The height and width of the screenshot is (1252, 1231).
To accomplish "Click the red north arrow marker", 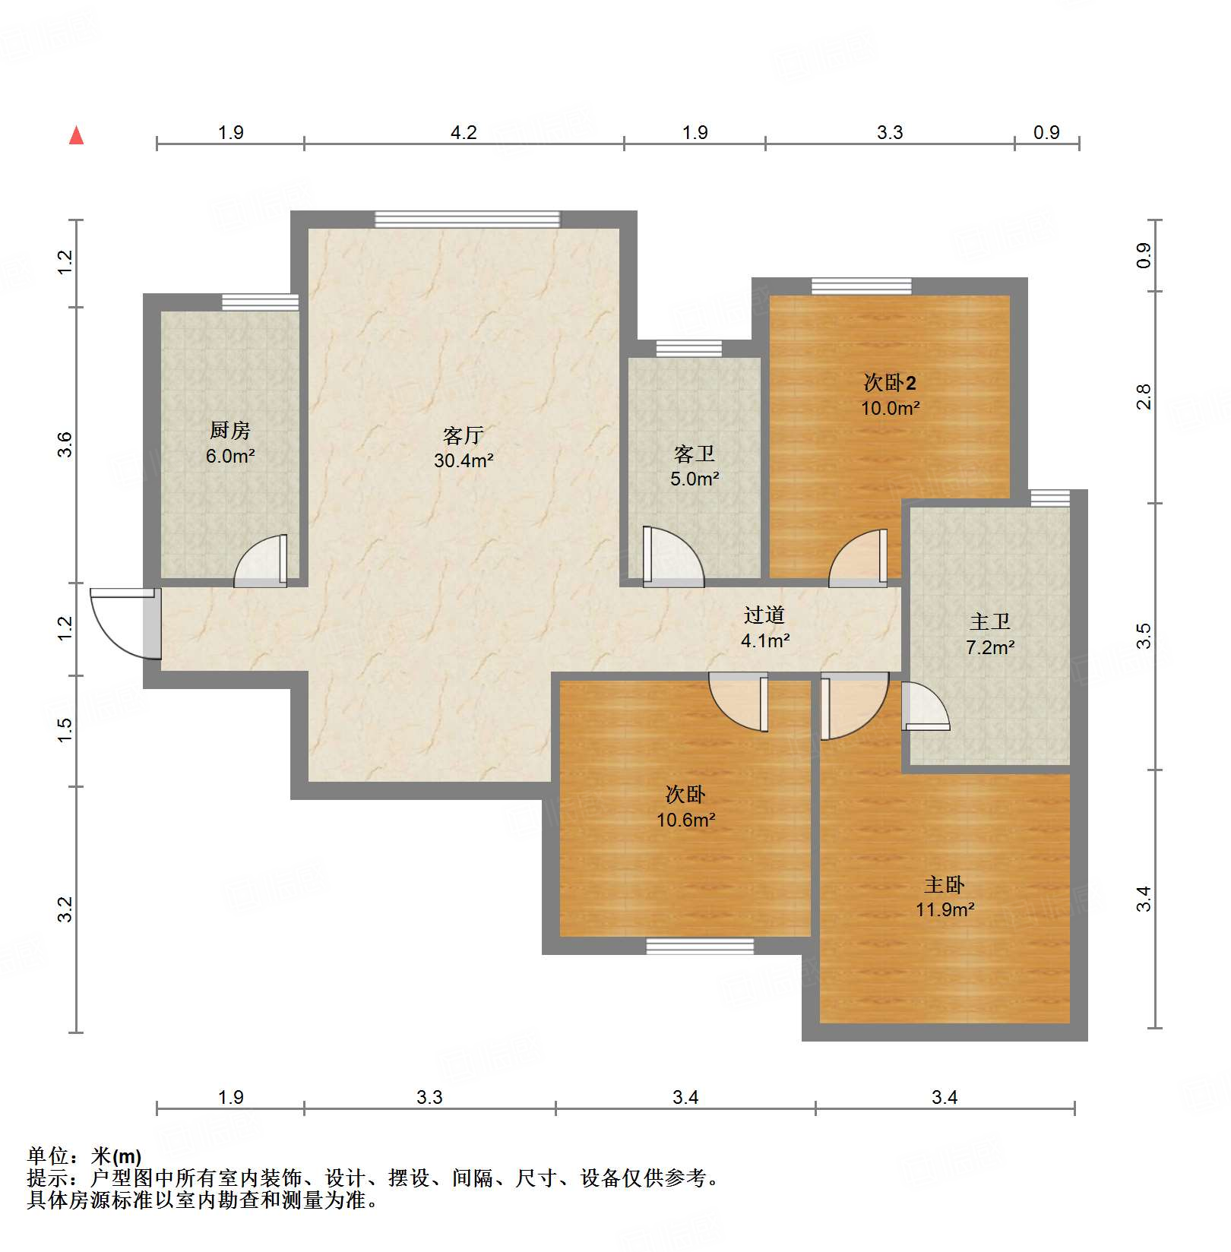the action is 76,135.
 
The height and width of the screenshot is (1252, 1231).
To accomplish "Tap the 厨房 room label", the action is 230,431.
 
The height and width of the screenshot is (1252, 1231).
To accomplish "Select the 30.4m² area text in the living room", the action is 464,460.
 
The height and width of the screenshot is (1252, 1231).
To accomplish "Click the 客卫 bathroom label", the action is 695,454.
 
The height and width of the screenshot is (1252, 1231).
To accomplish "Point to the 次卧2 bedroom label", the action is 890,383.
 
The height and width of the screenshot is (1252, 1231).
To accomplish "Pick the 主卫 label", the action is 990,622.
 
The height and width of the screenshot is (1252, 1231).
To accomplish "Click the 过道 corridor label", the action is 764,615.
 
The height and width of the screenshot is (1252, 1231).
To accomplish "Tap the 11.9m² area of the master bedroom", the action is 945,909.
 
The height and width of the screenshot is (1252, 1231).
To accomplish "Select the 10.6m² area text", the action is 686,820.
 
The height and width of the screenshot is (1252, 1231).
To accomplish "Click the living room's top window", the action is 467,220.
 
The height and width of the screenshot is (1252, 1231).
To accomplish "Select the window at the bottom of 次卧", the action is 700,946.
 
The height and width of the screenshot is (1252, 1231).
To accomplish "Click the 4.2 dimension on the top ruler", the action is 464,133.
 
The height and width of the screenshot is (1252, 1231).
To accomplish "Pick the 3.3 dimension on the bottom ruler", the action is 429,1097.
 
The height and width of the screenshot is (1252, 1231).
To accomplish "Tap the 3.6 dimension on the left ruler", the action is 65,444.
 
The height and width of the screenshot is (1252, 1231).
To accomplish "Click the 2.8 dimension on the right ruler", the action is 1144,397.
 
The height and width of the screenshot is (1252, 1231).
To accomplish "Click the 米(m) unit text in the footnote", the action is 116,1156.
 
